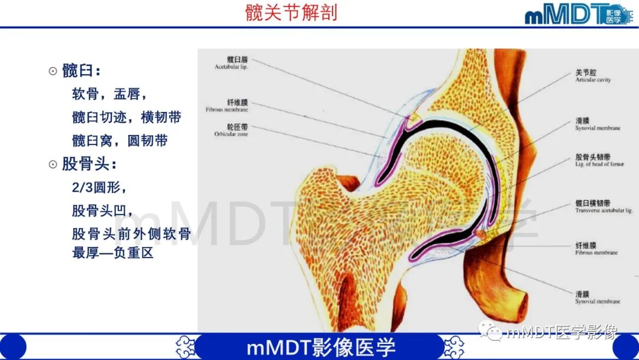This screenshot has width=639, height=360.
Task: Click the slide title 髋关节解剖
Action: [x=291, y=12]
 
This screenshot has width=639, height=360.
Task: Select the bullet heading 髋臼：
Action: [x=81, y=71]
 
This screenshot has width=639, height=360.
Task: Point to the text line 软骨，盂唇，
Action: [x=109, y=94]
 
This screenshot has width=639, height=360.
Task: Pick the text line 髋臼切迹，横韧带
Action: [x=126, y=117]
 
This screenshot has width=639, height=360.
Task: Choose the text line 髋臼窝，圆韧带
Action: [x=120, y=140]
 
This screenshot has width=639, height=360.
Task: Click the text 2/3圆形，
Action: [x=99, y=187]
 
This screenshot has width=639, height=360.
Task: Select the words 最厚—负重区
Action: [x=112, y=253]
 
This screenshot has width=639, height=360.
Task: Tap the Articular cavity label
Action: [x=592, y=76]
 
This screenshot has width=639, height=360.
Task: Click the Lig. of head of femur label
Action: [x=599, y=160]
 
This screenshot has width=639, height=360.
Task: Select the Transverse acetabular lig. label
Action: [x=603, y=207]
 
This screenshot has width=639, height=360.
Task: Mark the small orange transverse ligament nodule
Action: [x=482, y=235]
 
